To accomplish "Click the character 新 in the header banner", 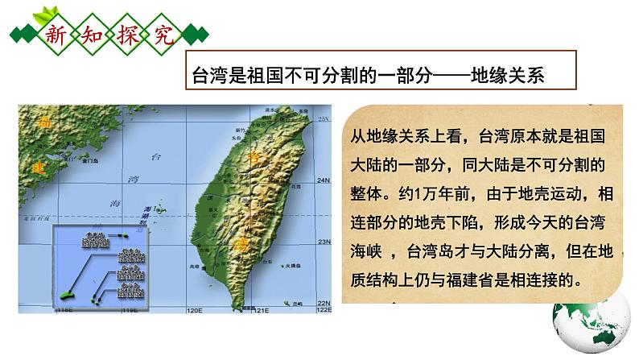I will pos(56,35).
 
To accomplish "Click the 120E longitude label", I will pos(195,309).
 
